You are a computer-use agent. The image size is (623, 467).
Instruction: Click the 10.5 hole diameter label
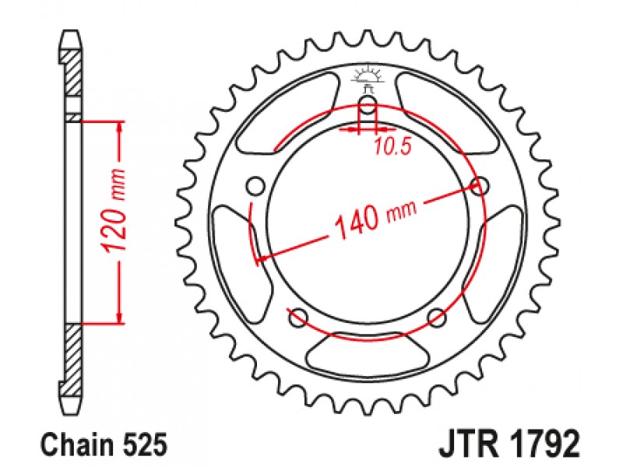392,147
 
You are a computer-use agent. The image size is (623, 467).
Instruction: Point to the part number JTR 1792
509,443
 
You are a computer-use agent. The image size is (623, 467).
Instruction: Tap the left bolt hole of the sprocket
255,185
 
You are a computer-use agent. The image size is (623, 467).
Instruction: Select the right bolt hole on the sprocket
480,185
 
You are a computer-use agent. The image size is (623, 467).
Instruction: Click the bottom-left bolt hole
299,318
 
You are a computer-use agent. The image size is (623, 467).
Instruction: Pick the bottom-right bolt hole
437,318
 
